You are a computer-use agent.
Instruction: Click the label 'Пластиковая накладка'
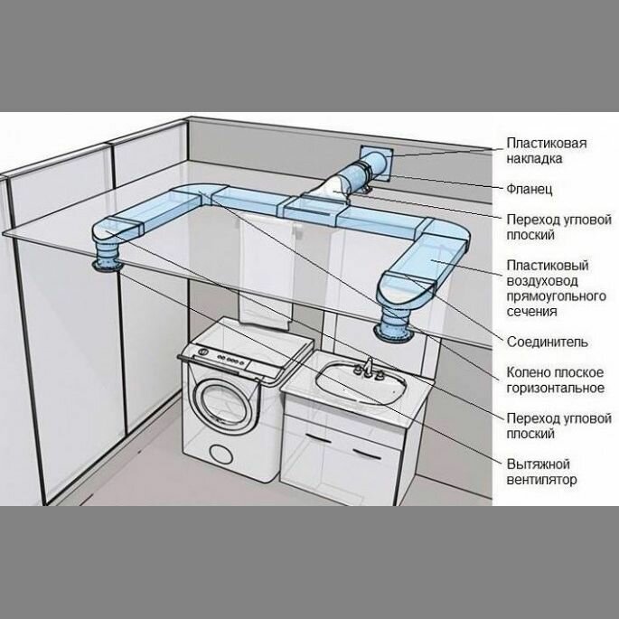pyautogui.click(x=547, y=151)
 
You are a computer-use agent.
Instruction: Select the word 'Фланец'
pyautogui.click(x=529, y=190)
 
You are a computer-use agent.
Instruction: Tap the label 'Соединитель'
pyautogui.click(x=549, y=342)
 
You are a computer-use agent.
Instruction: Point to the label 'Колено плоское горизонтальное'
pyautogui.click(x=555, y=380)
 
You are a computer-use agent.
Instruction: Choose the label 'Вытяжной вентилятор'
pyautogui.click(x=541, y=472)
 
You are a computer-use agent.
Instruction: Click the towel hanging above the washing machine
pyautogui.click(x=267, y=271)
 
